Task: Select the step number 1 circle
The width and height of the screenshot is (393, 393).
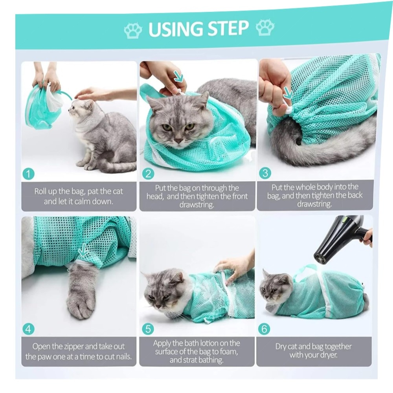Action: click(x=28, y=174)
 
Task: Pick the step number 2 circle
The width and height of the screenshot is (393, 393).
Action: click(x=148, y=173)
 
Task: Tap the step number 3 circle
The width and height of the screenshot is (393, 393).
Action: click(x=265, y=173)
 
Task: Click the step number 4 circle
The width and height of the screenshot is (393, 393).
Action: click(x=28, y=329)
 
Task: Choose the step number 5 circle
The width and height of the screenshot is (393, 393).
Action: click(x=148, y=329)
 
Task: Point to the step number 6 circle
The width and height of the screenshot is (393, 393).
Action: click(x=264, y=329)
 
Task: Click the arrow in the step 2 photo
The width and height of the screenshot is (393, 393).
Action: click(x=179, y=77)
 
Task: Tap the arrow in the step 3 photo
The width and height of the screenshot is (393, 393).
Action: click(x=288, y=93)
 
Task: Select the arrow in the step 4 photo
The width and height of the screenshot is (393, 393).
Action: click(x=83, y=250)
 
